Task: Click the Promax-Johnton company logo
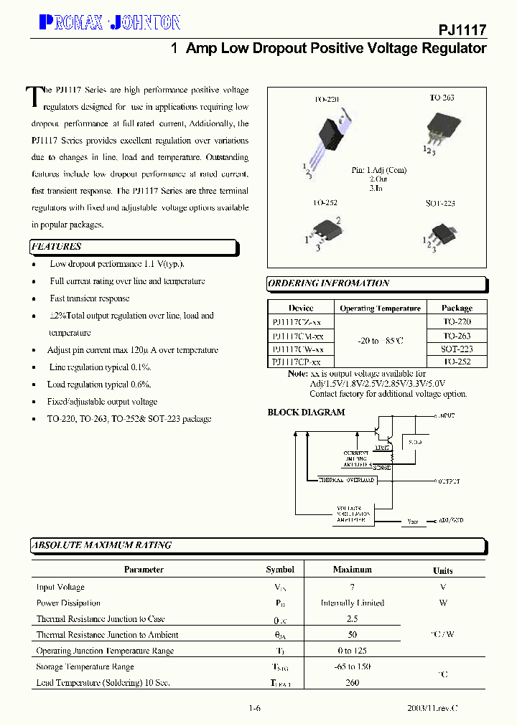[108, 23]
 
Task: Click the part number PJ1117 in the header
[462, 30]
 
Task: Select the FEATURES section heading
[57, 247]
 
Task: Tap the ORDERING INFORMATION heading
[329, 283]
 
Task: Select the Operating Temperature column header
[380, 308]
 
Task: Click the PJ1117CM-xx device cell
[298, 336]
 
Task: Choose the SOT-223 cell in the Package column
[457, 349]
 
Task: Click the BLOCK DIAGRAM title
[306, 412]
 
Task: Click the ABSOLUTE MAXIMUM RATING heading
[101, 545]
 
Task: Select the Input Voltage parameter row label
[60, 587]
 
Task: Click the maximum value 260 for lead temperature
[352, 682]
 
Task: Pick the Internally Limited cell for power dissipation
[352, 603]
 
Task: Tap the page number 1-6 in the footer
[254, 709]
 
